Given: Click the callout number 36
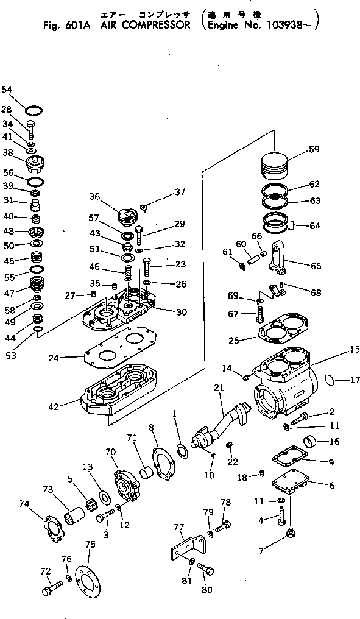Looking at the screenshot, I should point(94,196).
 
